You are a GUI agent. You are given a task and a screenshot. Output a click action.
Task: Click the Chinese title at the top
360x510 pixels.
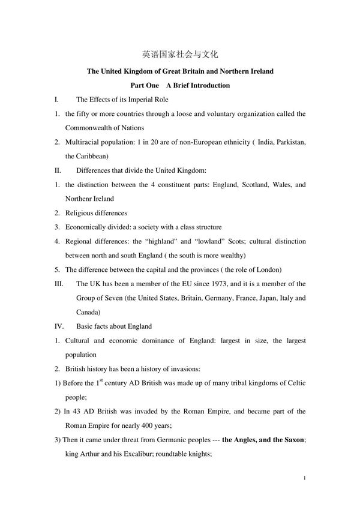click(x=180, y=54)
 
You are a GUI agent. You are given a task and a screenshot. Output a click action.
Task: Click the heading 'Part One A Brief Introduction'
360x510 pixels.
click(x=180, y=85)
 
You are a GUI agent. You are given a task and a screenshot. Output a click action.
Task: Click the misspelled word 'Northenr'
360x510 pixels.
click(x=82, y=199)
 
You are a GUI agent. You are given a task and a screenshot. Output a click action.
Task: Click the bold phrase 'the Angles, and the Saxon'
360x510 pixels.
click(x=263, y=440)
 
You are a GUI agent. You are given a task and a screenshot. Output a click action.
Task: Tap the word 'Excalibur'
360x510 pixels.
click(x=144, y=454)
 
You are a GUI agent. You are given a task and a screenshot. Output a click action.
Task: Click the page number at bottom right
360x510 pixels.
click(x=305, y=478)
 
